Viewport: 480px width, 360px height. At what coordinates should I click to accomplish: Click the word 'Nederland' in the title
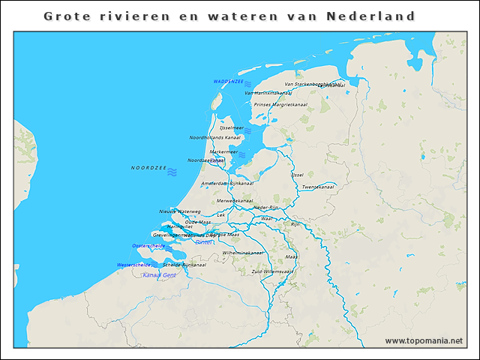pos(381,15)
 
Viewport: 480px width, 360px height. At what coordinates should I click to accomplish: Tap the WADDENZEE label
pos(227,81)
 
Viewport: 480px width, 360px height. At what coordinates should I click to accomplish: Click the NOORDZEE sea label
pos(148,168)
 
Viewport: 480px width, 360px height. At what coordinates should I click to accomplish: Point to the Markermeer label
pos(223,151)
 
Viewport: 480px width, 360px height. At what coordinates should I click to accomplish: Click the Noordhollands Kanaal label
pos(215,138)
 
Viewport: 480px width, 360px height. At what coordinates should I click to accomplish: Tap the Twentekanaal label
pos(317,187)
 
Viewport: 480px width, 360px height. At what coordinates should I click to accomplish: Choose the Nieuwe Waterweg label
pos(179,211)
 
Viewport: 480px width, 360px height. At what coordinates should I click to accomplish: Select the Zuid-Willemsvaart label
pos(272,271)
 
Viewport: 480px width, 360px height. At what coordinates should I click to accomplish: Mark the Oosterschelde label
pos(148,245)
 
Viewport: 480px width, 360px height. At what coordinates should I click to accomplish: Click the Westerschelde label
pos(133,265)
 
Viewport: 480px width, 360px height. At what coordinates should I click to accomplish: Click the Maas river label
pos(292,256)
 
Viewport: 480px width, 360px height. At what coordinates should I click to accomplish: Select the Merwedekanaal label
pos(234,201)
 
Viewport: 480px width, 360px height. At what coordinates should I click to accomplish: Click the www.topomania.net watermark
pos(424,340)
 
